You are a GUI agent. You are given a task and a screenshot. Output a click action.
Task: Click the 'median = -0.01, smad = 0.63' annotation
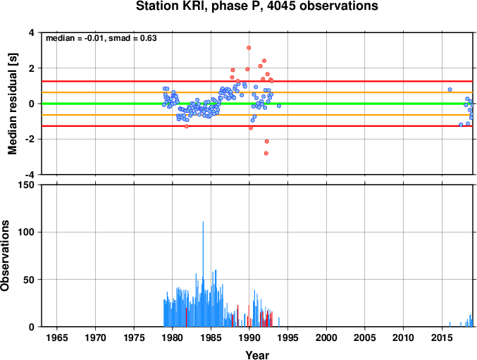(101, 38)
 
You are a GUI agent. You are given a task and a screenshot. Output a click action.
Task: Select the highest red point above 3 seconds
(249, 48)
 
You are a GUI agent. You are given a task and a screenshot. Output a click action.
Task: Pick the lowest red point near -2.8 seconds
(266, 154)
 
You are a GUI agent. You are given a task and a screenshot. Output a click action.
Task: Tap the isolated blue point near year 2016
(450, 89)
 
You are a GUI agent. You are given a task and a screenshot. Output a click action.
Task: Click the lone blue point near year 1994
(279, 106)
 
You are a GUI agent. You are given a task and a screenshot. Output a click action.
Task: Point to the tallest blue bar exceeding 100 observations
(203, 274)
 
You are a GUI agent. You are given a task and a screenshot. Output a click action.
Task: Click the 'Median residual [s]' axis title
(13, 104)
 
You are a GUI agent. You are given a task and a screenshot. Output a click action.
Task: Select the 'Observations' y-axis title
(5, 256)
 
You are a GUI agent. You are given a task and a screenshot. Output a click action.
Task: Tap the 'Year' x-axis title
(257, 355)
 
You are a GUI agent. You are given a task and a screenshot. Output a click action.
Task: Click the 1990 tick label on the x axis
(249, 337)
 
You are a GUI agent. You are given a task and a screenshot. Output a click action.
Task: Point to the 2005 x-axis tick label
(365, 337)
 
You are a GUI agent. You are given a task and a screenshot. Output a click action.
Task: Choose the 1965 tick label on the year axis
(57, 337)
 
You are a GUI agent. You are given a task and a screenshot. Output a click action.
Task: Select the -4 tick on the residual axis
(30, 175)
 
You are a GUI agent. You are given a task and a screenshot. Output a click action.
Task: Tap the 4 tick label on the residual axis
(32, 32)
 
